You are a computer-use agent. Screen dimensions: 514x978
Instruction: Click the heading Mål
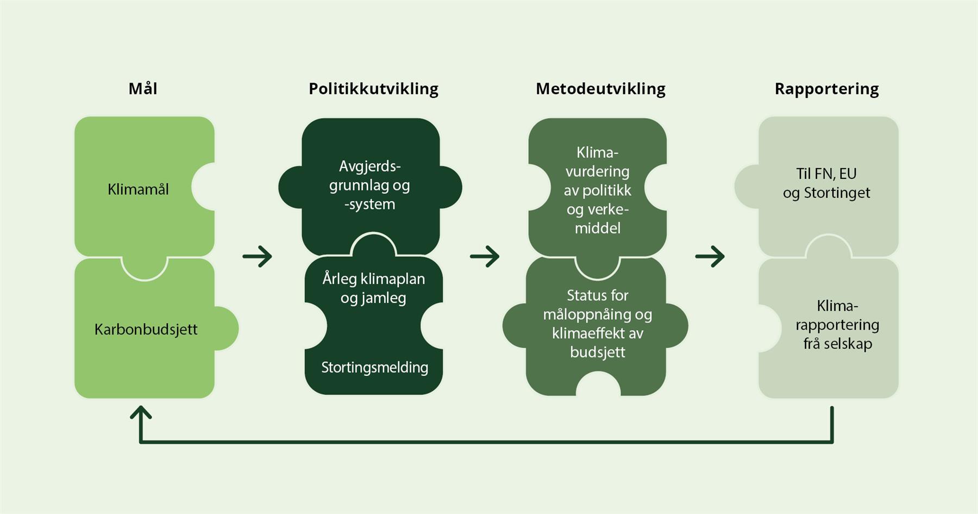(x=143, y=89)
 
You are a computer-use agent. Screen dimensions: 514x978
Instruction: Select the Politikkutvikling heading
(x=373, y=89)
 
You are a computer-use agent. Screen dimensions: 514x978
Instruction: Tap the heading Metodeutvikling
(x=600, y=89)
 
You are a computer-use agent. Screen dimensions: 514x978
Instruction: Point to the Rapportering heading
(x=826, y=89)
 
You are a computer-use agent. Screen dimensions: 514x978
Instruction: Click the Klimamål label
(x=138, y=189)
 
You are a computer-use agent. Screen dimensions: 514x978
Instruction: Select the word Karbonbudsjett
(x=146, y=329)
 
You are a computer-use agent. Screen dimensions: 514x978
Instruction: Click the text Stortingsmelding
(x=374, y=367)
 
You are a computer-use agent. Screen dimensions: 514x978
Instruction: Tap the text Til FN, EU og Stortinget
(x=826, y=183)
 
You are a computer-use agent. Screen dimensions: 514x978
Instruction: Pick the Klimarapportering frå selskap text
(x=837, y=324)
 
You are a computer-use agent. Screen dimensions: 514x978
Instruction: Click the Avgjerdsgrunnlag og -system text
(x=369, y=185)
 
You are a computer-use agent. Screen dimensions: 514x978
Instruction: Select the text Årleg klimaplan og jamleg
(x=373, y=288)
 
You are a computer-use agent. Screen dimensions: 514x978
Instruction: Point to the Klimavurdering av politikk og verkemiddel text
(x=597, y=190)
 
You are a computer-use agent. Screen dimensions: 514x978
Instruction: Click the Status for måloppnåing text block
(x=597, y=324)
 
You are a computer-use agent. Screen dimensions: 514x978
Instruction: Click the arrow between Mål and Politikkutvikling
(x=258, y=256)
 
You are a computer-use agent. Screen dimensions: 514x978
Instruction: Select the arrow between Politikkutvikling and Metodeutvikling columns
(x=485, y=256)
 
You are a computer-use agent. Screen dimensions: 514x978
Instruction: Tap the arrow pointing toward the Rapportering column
(x=710, y=256)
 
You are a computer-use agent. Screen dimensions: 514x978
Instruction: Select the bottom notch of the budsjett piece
(x=598, y=385)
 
